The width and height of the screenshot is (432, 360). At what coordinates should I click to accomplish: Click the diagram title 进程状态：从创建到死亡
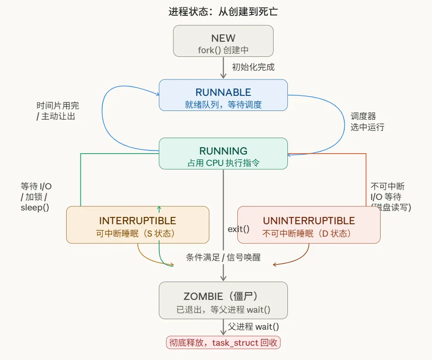pos(223,11)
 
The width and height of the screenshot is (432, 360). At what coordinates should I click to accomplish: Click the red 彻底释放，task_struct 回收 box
pos(223,343)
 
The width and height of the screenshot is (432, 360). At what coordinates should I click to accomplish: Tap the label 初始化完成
pos(253,67)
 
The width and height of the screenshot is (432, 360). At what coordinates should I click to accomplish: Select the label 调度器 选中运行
pos(367,122)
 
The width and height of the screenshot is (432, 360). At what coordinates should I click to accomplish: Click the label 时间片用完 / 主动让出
pos(57,111)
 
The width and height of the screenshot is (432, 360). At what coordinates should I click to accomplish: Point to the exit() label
pos(238,228)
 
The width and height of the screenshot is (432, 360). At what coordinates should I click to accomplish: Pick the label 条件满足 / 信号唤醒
pos(223,257)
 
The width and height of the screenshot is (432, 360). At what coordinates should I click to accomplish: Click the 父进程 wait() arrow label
pos(253,327)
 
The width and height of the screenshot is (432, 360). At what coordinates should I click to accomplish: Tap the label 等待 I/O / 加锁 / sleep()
pos(36,197)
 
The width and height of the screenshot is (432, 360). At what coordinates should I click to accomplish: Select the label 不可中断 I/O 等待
pos(390,197)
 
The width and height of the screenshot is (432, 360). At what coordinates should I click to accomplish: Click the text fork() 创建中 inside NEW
pos(223,50)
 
